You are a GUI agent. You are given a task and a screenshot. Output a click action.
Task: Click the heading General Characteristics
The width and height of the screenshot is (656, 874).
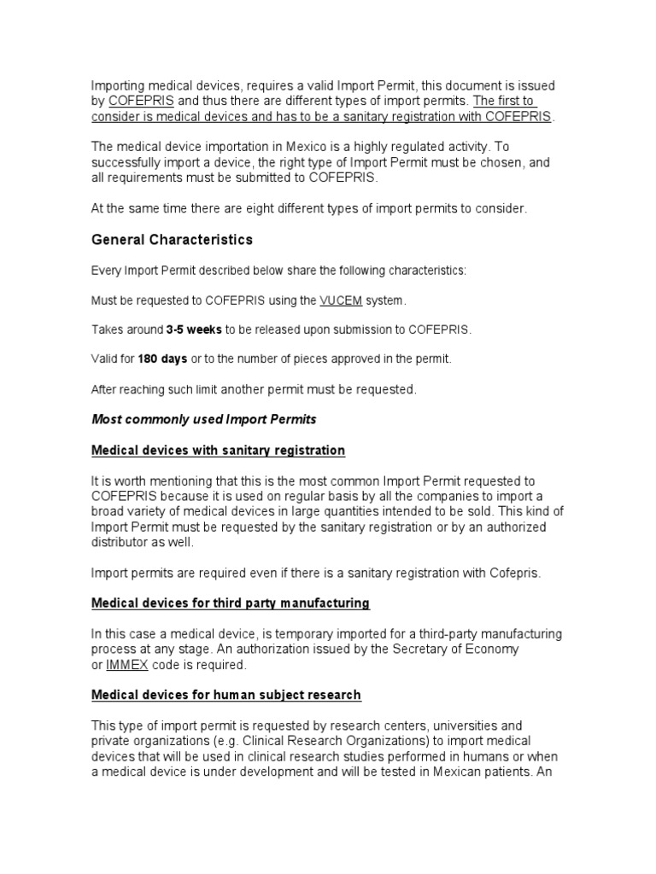172,240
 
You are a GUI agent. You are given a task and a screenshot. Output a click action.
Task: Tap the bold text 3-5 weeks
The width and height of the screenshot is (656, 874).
200,329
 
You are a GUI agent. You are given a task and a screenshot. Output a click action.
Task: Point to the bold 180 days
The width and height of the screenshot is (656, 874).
162,359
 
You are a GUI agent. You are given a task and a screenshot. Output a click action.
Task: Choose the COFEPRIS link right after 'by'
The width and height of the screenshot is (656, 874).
134,101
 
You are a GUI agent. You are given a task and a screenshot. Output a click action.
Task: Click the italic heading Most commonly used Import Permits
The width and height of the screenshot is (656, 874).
204,419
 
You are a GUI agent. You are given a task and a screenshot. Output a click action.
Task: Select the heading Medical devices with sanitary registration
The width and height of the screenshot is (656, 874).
218,450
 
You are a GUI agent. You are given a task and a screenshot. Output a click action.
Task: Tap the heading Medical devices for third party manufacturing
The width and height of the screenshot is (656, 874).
231,603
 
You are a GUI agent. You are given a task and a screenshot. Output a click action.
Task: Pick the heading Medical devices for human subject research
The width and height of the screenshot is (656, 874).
226,695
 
